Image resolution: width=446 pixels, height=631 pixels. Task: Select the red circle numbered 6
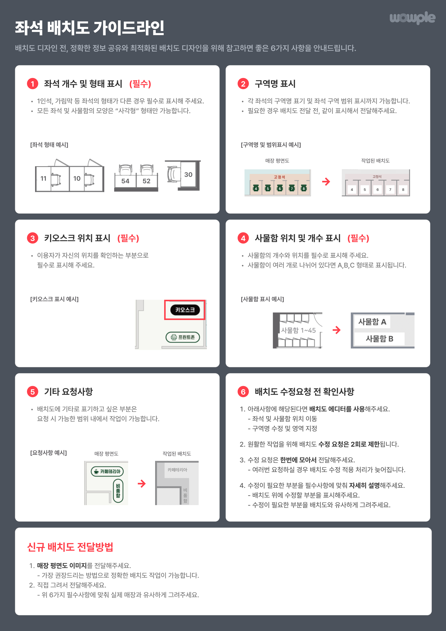pyautogui.click(x=243, y=392)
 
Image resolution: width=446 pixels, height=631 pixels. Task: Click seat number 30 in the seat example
pyautogui.click(x=188, y=174)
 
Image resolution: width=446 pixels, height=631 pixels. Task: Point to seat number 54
pyautogui.click(x=125, y=181)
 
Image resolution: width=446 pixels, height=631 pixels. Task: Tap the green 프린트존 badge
pyautogui.click(x=183, y=337)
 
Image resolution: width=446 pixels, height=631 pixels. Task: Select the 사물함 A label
pyautogui.click(x=372, y=321)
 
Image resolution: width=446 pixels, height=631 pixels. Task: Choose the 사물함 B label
pyautogui.click(x=379, y=339)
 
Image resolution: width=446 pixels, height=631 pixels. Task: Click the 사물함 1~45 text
pyautogui.click(x=298, y=330)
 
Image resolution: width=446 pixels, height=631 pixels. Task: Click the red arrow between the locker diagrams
pyautogui.click(x=337, y=330)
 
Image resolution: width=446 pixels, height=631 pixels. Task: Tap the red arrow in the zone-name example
pyautogui.click(x=326, y=181)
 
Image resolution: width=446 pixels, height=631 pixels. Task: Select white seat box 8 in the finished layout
pyautogui.click(x=403, y=190)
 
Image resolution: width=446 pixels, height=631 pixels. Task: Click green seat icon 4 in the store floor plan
pyautogui.click(x=256, y=188)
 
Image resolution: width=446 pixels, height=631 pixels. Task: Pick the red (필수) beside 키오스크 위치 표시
pyautogui.click(x=128, y=238)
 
